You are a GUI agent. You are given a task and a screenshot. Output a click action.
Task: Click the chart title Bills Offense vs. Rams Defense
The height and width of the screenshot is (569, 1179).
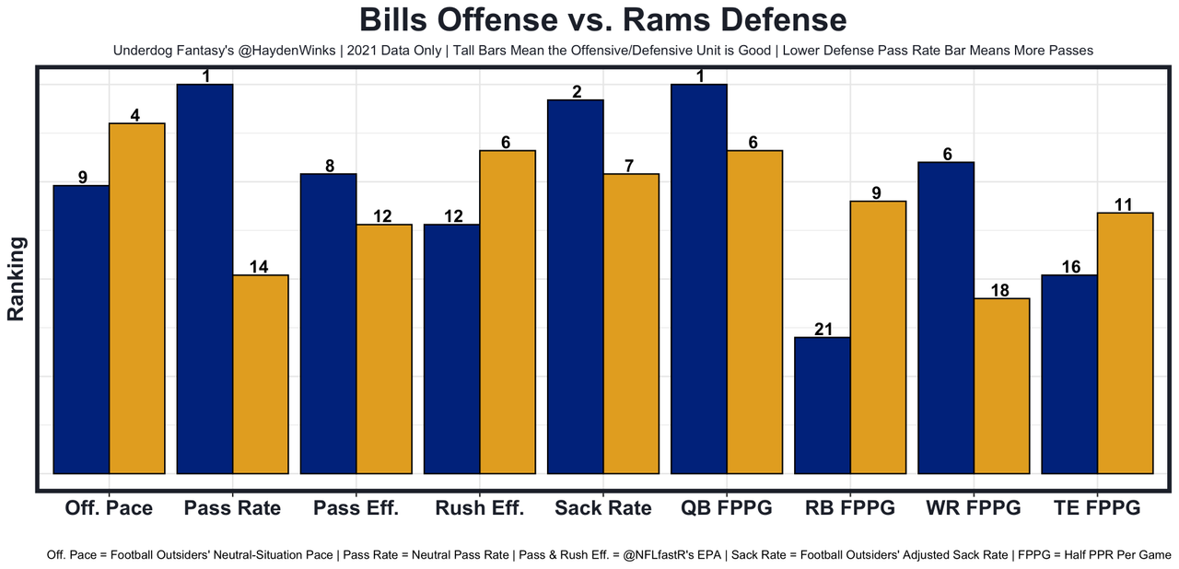pos(602,20)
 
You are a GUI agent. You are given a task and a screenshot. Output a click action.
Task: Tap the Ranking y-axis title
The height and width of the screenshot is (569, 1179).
pos(17,278)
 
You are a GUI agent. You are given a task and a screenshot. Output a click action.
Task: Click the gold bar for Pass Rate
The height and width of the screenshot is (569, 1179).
pos(261,374)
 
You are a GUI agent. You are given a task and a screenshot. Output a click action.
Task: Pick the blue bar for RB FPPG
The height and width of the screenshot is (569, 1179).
pos(823,405)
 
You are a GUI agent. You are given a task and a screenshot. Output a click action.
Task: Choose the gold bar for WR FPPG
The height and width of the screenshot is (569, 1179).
pos(1001,386)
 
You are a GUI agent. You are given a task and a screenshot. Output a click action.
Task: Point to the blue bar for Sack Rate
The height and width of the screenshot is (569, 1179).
pos(576,286)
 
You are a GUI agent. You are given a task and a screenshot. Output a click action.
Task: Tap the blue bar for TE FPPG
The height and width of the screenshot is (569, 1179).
pos(1069,374)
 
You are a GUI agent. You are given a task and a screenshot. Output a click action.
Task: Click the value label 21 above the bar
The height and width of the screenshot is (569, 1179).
pos(823,330)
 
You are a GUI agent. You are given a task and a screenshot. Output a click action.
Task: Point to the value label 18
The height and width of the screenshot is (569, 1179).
pos(1001,291)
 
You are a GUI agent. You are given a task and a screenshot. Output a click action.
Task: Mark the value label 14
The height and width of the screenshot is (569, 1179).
pos(261,267)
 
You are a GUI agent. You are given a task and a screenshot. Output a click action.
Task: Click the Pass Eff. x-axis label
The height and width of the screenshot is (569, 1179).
pos(356,508)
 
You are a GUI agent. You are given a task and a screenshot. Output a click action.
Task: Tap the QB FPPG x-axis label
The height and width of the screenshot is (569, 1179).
pos(726,508)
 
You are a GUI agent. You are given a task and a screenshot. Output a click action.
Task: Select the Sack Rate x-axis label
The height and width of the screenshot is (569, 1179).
pos(603,508)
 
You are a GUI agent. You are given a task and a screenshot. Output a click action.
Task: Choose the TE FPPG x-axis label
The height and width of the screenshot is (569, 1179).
pos(1097,508)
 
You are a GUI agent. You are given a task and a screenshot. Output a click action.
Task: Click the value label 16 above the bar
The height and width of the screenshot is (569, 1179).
pos(1069,267)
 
